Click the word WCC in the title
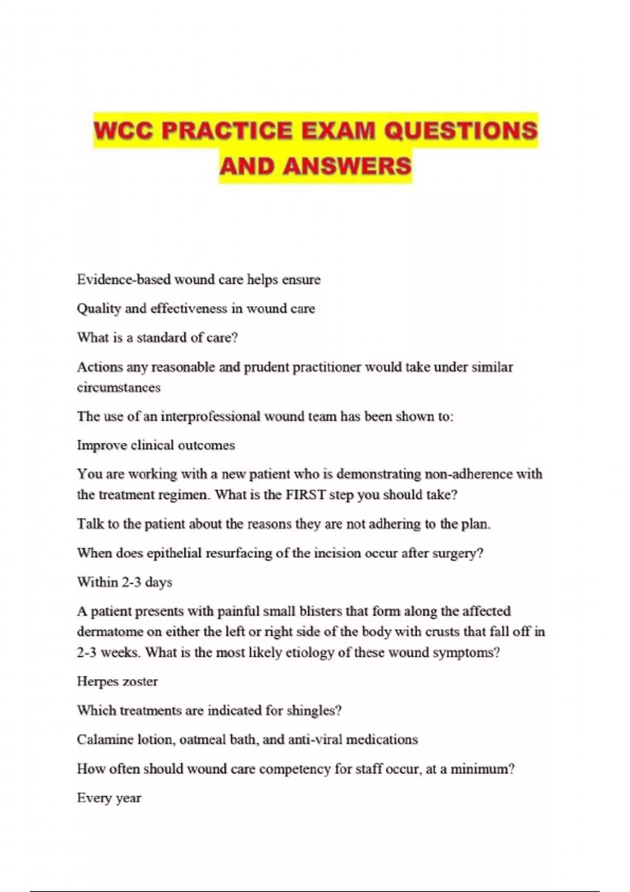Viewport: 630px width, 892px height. pyautogui.click(x=124, y=131)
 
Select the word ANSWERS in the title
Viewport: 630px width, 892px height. pyautogui.click(x=347, y=166)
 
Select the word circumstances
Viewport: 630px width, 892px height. pyautogui.click(x=119, y=388)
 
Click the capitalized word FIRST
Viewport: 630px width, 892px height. pyautogui.click(x=306, y=495)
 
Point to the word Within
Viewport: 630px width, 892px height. pyautogui.click(x=97, y=582)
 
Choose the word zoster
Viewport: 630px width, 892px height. pyautogui.click(x=140, y=682)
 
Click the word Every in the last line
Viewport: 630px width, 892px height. pyautogui.click(x=94, y=798)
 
